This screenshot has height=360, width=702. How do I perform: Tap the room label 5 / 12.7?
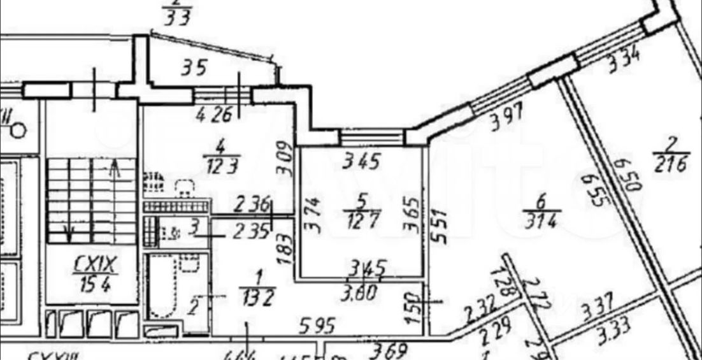coord(361,215)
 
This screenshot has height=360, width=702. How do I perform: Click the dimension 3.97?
coord(507,119)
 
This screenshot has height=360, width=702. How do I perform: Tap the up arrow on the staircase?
coord(114,169)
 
